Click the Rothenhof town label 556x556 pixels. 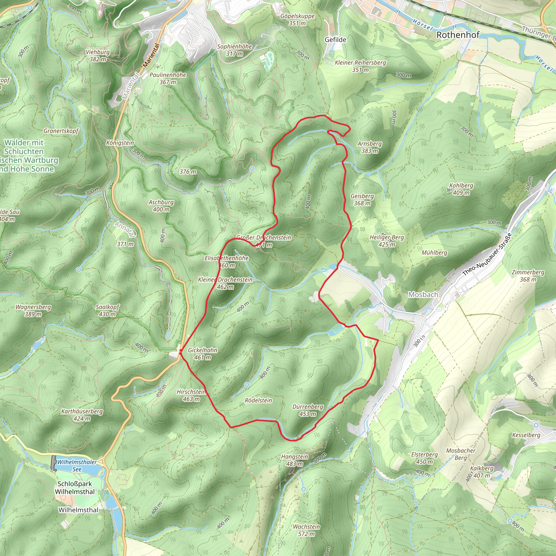pos(457,35)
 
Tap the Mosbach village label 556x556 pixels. pos(423,294)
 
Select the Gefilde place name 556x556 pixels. pos(335,40)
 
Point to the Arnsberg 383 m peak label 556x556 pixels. pos(369,147)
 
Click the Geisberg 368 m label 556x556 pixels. pos(362,200)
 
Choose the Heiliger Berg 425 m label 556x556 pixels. pos(387,241)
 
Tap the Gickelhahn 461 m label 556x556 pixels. pos(203,354)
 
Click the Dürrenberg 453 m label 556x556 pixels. pos(307,410)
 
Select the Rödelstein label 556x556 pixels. pos(258,400)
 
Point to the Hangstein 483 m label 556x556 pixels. pos(294,460)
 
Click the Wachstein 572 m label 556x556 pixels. pos(306,530)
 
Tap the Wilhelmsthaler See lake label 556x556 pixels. pos(77,465)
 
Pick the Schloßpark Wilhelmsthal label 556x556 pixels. pos(75,488)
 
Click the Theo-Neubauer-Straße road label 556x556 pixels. pos(487,254)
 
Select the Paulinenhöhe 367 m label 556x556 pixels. pos(168,78)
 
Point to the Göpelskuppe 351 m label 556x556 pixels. pos(297,20)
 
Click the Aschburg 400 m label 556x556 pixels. pos(161,206)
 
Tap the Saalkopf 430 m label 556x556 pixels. pos(107,311)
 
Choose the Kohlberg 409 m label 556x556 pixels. pos(461,189)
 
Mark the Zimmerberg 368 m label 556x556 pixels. pos(528,276)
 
